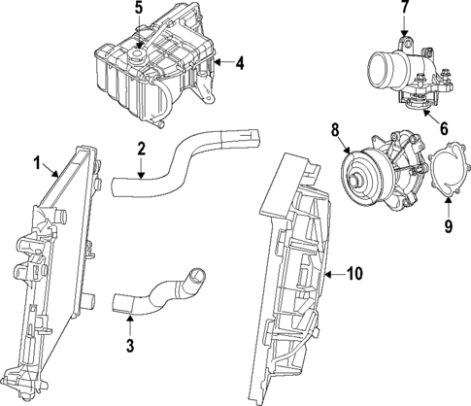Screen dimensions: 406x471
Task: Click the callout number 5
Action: (138, 10)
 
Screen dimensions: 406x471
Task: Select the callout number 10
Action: (353, 274)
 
